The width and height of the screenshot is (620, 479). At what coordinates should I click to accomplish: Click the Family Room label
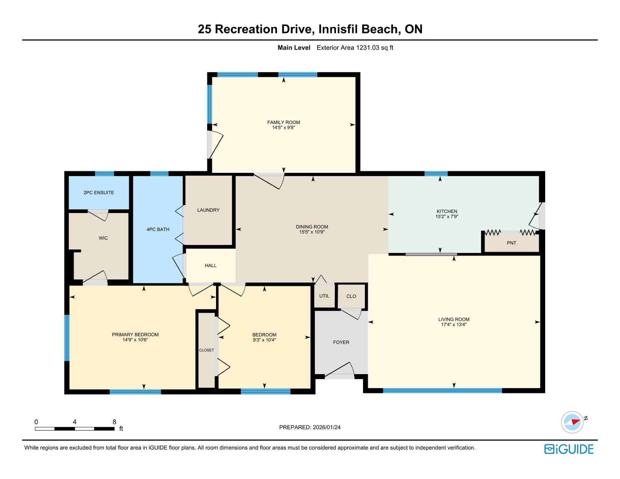(283, 122)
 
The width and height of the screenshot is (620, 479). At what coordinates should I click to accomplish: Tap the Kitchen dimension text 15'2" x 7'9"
(447, 216)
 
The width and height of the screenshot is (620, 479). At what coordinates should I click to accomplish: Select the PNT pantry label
(511, 243)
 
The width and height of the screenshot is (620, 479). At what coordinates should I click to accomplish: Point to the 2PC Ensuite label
(99, 193)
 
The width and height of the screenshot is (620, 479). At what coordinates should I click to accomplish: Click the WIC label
(103, 238)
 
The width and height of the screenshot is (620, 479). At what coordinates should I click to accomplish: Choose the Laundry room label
(208, 210)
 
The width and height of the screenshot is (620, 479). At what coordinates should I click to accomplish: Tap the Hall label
(211, 266)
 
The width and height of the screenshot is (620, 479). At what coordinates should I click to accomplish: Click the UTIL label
(324, 296)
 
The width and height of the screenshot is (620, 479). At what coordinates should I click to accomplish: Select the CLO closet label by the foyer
(351, 296)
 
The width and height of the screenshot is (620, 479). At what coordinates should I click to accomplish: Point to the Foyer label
(341, 342)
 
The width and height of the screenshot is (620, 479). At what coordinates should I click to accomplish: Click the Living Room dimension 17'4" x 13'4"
(454, 324)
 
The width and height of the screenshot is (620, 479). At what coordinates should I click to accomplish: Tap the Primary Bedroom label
(135, 335)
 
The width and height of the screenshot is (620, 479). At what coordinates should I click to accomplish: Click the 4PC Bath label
(158, 229)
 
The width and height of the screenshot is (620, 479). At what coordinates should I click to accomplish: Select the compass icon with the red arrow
(572, 422)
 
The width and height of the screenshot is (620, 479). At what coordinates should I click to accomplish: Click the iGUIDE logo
(569, 449)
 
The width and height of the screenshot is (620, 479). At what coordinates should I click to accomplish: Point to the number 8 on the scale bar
(114, 422)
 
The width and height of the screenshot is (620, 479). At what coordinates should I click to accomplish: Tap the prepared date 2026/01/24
(326, 427)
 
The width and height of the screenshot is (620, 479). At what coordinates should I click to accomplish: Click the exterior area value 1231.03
(368, 48)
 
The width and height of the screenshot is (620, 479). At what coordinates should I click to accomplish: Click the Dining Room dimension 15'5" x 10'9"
(312, 232)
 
